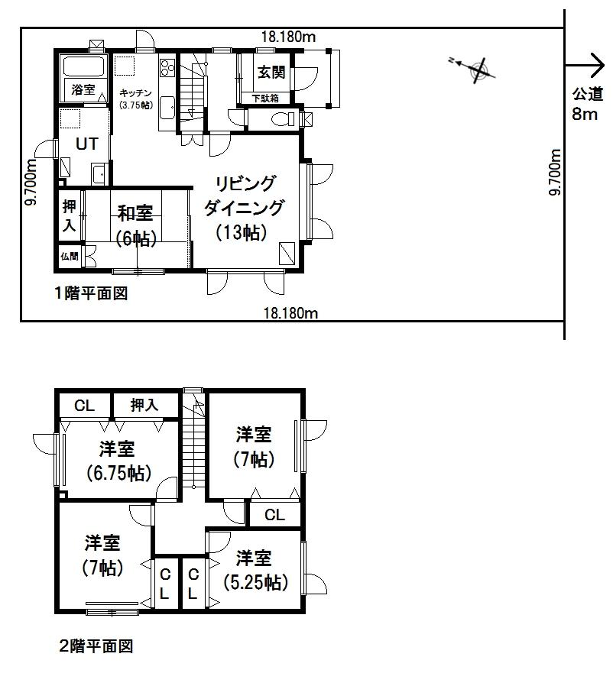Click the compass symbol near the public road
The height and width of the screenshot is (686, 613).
tap(478, 70)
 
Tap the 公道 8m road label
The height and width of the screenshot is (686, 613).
tap(585, 105)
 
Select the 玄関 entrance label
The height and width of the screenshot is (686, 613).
tap(271, 73)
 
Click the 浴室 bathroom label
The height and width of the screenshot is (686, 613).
tap(83, 90)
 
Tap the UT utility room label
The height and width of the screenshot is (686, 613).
tap(85, 143)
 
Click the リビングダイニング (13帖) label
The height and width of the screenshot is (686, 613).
tap(244, 208)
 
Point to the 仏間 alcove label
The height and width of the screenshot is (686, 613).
tap(69, 257)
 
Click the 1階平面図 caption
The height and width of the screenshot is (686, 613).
tap(90, 293)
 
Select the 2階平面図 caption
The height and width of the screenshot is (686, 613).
tap(96, 647)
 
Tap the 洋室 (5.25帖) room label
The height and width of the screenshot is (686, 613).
tap(255, 570)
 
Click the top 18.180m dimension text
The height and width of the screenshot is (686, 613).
tap(289, 35)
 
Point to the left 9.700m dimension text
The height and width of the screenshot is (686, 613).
tap(31, 180)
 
